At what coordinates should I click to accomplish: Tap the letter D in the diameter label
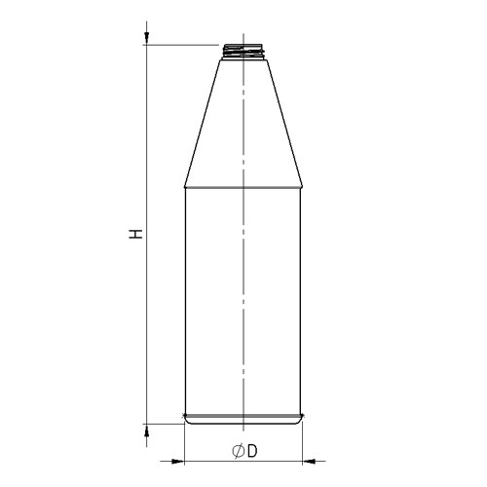click(x=251, y=451)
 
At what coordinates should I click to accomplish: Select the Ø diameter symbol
click(x=237, y=451)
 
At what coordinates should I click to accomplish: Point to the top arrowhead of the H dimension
click(x=146, y=39)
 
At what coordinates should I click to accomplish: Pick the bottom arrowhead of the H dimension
click(x=146, y=430)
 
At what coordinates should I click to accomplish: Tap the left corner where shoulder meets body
click(x=185, y=186)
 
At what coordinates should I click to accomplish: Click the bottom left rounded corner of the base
click(x=188, y=421)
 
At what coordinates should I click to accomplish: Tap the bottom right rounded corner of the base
click(x=300, y=421)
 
